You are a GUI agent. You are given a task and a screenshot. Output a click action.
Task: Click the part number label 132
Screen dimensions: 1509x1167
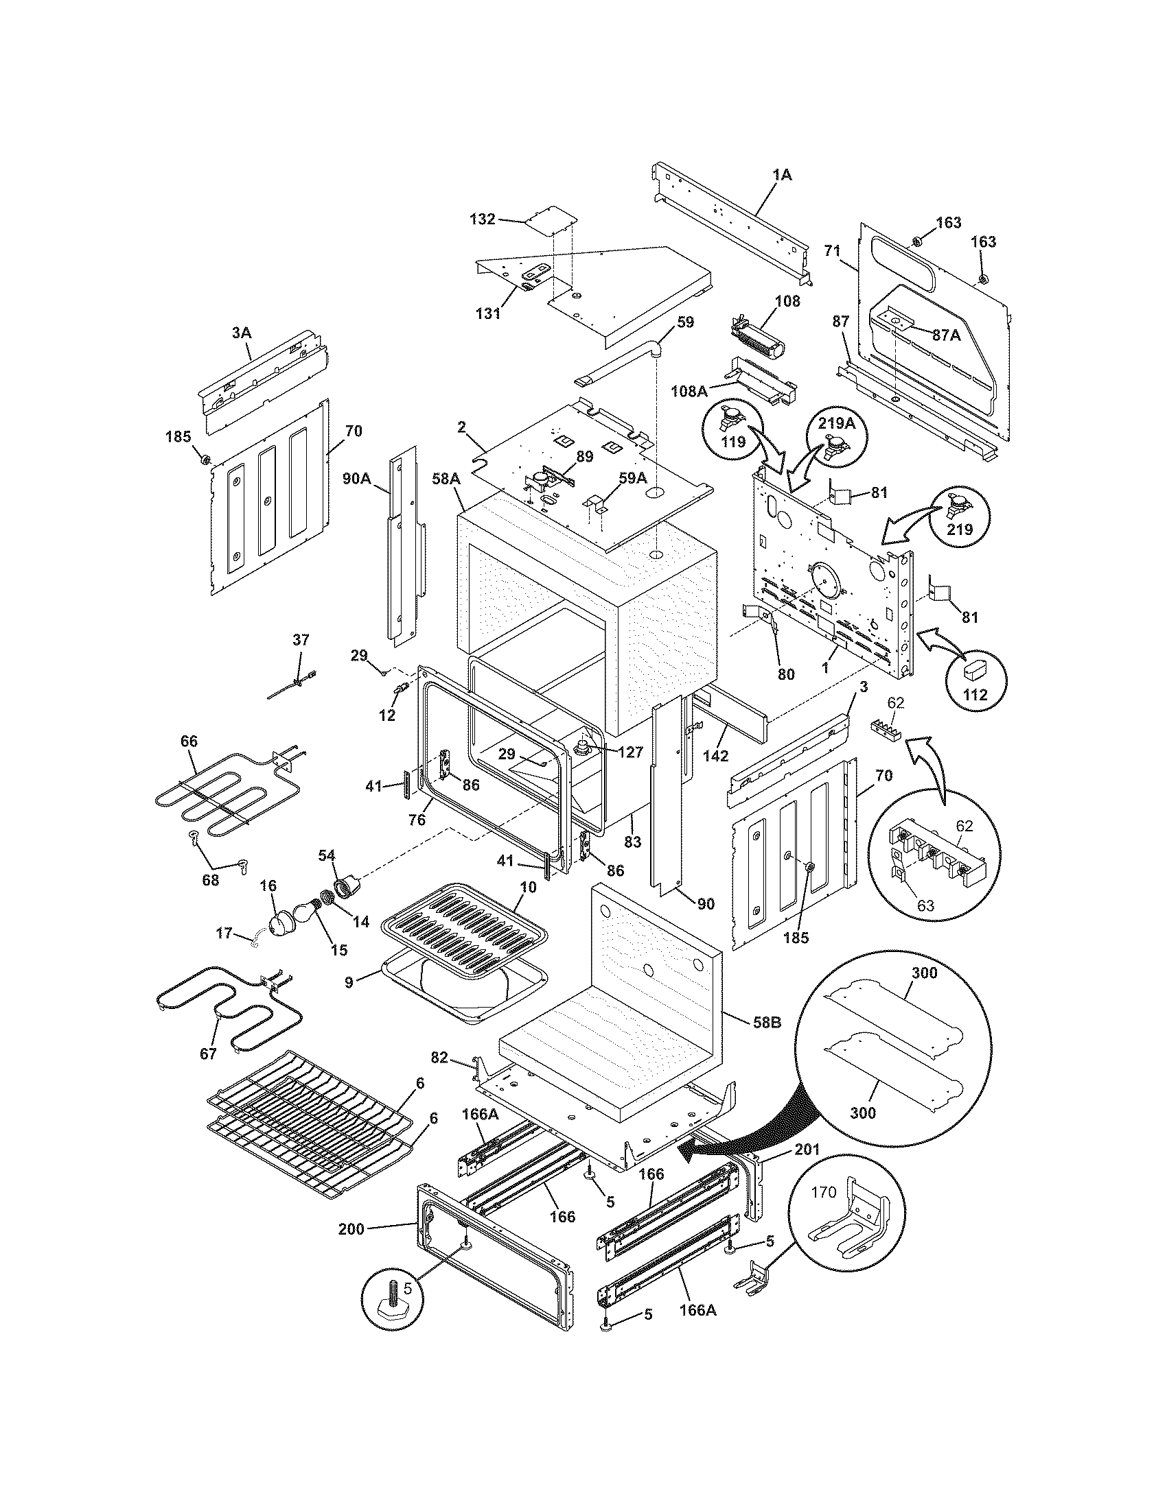pyautogui.click(x=482, y=219)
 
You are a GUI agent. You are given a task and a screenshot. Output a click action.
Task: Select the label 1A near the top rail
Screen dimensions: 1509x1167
pyautogui.click(x=782, y=176)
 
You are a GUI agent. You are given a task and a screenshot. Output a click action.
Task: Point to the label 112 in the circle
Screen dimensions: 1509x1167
pyautogui.click(x=975, y=694)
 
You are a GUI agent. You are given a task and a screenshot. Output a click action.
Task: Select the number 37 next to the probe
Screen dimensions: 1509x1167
pyautogui.click(x=301, y=639)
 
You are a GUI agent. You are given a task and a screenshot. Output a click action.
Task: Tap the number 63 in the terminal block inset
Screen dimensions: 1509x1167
pyautogui.click(x=925, y=905)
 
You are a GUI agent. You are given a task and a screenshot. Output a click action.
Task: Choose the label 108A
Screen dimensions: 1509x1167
pyautogui.click(x=689, y=392)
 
